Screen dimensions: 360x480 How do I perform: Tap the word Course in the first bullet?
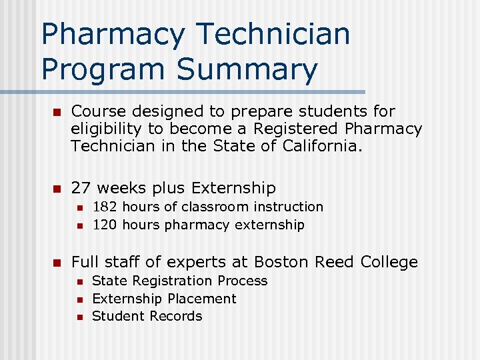tap(97, 111)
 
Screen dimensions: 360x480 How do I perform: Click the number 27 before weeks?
tap(81, 188)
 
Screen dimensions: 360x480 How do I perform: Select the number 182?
tap(105, 207)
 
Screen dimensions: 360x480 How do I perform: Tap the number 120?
tap(105, 225)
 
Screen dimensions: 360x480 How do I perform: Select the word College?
tap(389, 262)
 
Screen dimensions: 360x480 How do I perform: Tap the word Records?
tap(176, 316)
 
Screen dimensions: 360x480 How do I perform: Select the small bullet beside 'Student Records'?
tap(79, 317)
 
